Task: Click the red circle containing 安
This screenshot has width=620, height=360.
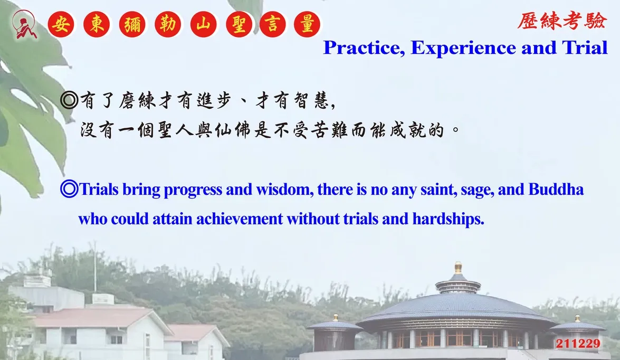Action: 61,24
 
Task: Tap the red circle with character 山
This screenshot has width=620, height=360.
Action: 203,24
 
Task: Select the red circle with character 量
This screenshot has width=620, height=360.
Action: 307,24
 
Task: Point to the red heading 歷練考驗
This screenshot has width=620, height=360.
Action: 561,21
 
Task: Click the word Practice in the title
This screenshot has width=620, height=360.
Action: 364,48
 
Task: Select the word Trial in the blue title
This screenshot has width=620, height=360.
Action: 585,48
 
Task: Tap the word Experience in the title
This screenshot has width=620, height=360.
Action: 463,48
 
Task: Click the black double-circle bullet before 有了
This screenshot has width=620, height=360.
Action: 69,100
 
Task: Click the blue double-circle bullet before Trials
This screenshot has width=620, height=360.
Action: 69,189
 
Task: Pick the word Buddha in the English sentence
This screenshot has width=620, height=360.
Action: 556,189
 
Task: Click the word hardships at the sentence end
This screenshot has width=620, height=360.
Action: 449,219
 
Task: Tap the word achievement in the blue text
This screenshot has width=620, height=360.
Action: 240,219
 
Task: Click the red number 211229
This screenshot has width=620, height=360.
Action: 578,344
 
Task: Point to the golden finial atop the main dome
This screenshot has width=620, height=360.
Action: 458,268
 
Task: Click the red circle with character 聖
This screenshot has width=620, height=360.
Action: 239,24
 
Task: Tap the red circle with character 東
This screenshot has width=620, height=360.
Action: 97,24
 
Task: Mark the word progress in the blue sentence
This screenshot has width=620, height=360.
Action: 193,190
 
